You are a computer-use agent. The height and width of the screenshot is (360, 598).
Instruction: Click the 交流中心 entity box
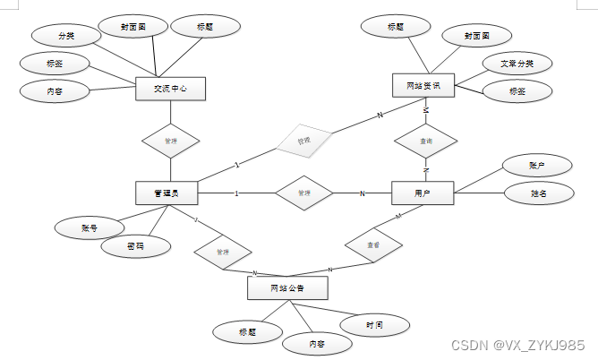tap(169, 89)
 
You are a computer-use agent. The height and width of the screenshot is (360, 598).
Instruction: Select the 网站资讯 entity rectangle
tap(423, 86)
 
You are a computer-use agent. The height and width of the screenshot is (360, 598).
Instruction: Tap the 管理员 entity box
tap(167, 193)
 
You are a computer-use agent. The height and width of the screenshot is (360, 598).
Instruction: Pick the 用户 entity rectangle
tap(423, 193)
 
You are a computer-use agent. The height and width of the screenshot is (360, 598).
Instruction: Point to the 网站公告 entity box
tap(287, 288)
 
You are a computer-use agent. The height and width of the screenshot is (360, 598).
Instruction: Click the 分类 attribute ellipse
tap(66, 37)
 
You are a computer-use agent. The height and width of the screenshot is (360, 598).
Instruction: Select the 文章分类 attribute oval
tap(517, 64)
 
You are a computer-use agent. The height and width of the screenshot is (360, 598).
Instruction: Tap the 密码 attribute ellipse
tap(135, 245)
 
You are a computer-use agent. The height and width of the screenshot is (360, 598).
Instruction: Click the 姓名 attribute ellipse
tap(537, 193)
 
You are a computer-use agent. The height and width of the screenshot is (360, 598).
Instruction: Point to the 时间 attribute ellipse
tap(374, 323)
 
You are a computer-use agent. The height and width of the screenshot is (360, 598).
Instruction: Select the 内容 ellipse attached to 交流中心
tap(54, 90)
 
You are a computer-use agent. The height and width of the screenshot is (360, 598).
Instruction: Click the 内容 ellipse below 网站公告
tap(318, 342)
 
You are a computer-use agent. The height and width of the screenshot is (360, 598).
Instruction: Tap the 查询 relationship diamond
tap(426, 141)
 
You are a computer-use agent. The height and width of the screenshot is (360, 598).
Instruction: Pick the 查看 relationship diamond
tap(372, 244)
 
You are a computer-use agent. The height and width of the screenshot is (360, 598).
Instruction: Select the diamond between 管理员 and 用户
tap(303, 193)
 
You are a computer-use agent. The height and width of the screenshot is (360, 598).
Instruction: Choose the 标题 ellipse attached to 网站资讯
tap(396, 27)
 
